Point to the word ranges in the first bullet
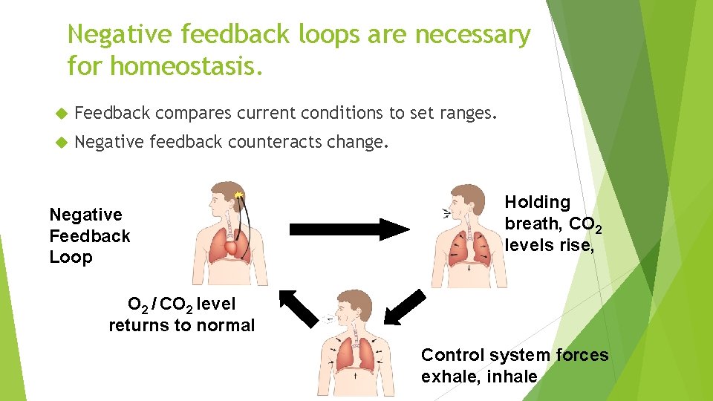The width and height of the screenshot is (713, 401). click(x=463, y=113)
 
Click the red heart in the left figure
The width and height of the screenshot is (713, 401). click(x=236, y=247)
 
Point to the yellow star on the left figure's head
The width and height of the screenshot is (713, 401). click(x=238, y=195)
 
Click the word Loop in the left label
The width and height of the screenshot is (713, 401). click(x=71, y=258)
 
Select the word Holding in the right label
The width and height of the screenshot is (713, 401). click(x=538, y=202)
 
